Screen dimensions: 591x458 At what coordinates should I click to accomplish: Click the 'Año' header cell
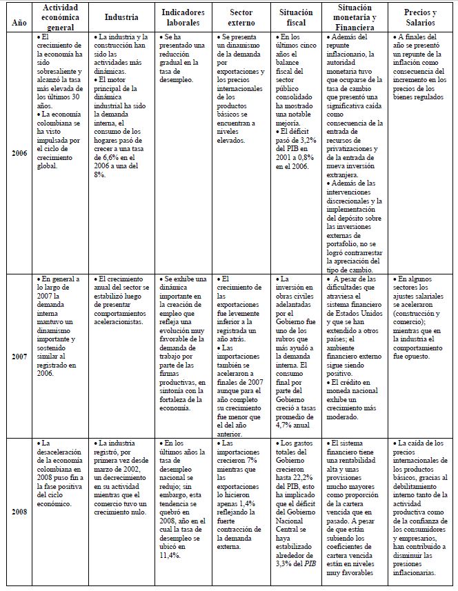coord(19,23)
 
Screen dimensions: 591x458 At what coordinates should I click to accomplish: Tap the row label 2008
coord(19,512)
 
